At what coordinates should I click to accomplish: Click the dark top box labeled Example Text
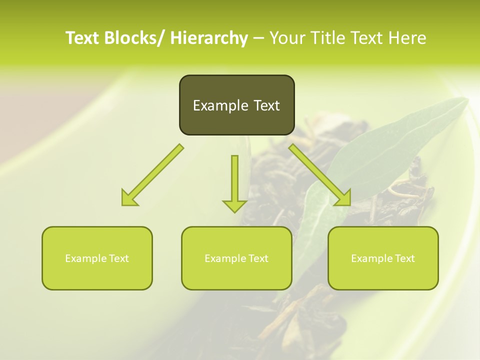click(236, 105)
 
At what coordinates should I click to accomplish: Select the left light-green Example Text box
click(97, 258)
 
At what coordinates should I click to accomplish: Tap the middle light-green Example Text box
click(236, 258)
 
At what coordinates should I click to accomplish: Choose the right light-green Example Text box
click(383, 258)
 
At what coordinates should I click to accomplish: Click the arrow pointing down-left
click(152, 175)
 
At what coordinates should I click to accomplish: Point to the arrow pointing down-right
click(320, 175)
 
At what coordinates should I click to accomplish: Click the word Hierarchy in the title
click(208, 38)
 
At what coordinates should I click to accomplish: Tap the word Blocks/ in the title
click(131, 38)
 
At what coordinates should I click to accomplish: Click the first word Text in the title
click(82, 38)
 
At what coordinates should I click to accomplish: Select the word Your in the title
click(287, 38)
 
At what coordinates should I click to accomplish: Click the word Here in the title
click(408, 38)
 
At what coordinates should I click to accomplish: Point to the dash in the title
click(258, 38)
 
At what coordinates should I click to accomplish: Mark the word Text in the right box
click(404, 258)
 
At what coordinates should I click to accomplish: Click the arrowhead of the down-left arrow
click(128, 198)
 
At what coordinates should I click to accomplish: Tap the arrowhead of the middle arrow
click(234, 205)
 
